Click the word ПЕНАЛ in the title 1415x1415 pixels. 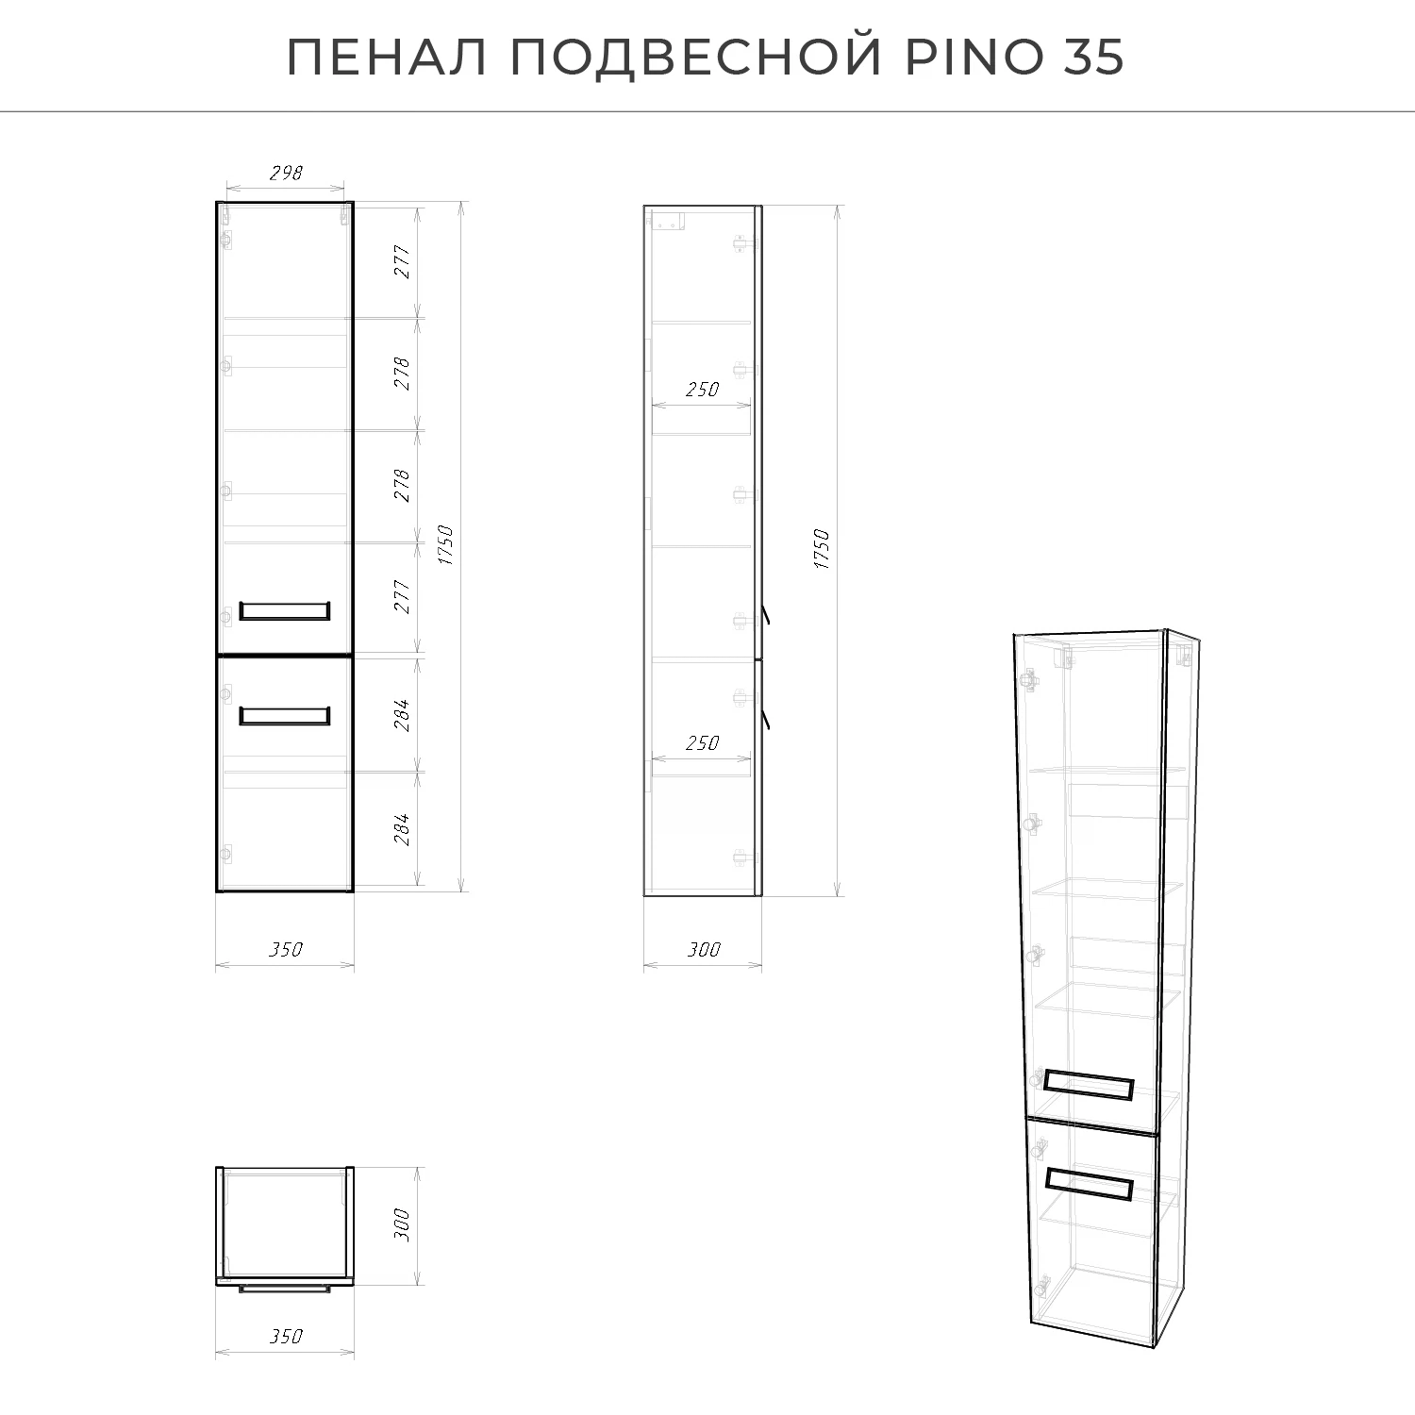388,58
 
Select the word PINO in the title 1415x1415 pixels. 974,58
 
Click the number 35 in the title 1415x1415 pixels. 1094,58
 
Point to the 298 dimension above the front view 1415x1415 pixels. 286,173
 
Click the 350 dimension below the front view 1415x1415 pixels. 286,949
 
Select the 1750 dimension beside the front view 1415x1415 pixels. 446,545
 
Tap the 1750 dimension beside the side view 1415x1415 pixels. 822,548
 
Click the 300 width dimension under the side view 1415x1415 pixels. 703,949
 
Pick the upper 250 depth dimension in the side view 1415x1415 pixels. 702,389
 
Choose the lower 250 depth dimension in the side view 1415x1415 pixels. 702,742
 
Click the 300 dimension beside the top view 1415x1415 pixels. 402,1224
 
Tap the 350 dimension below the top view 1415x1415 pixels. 286,1336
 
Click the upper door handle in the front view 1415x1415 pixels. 284,610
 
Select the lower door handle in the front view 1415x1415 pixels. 284,715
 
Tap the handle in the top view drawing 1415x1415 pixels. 284,1288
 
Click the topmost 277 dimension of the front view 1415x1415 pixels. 403,261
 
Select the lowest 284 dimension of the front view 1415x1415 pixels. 403,828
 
